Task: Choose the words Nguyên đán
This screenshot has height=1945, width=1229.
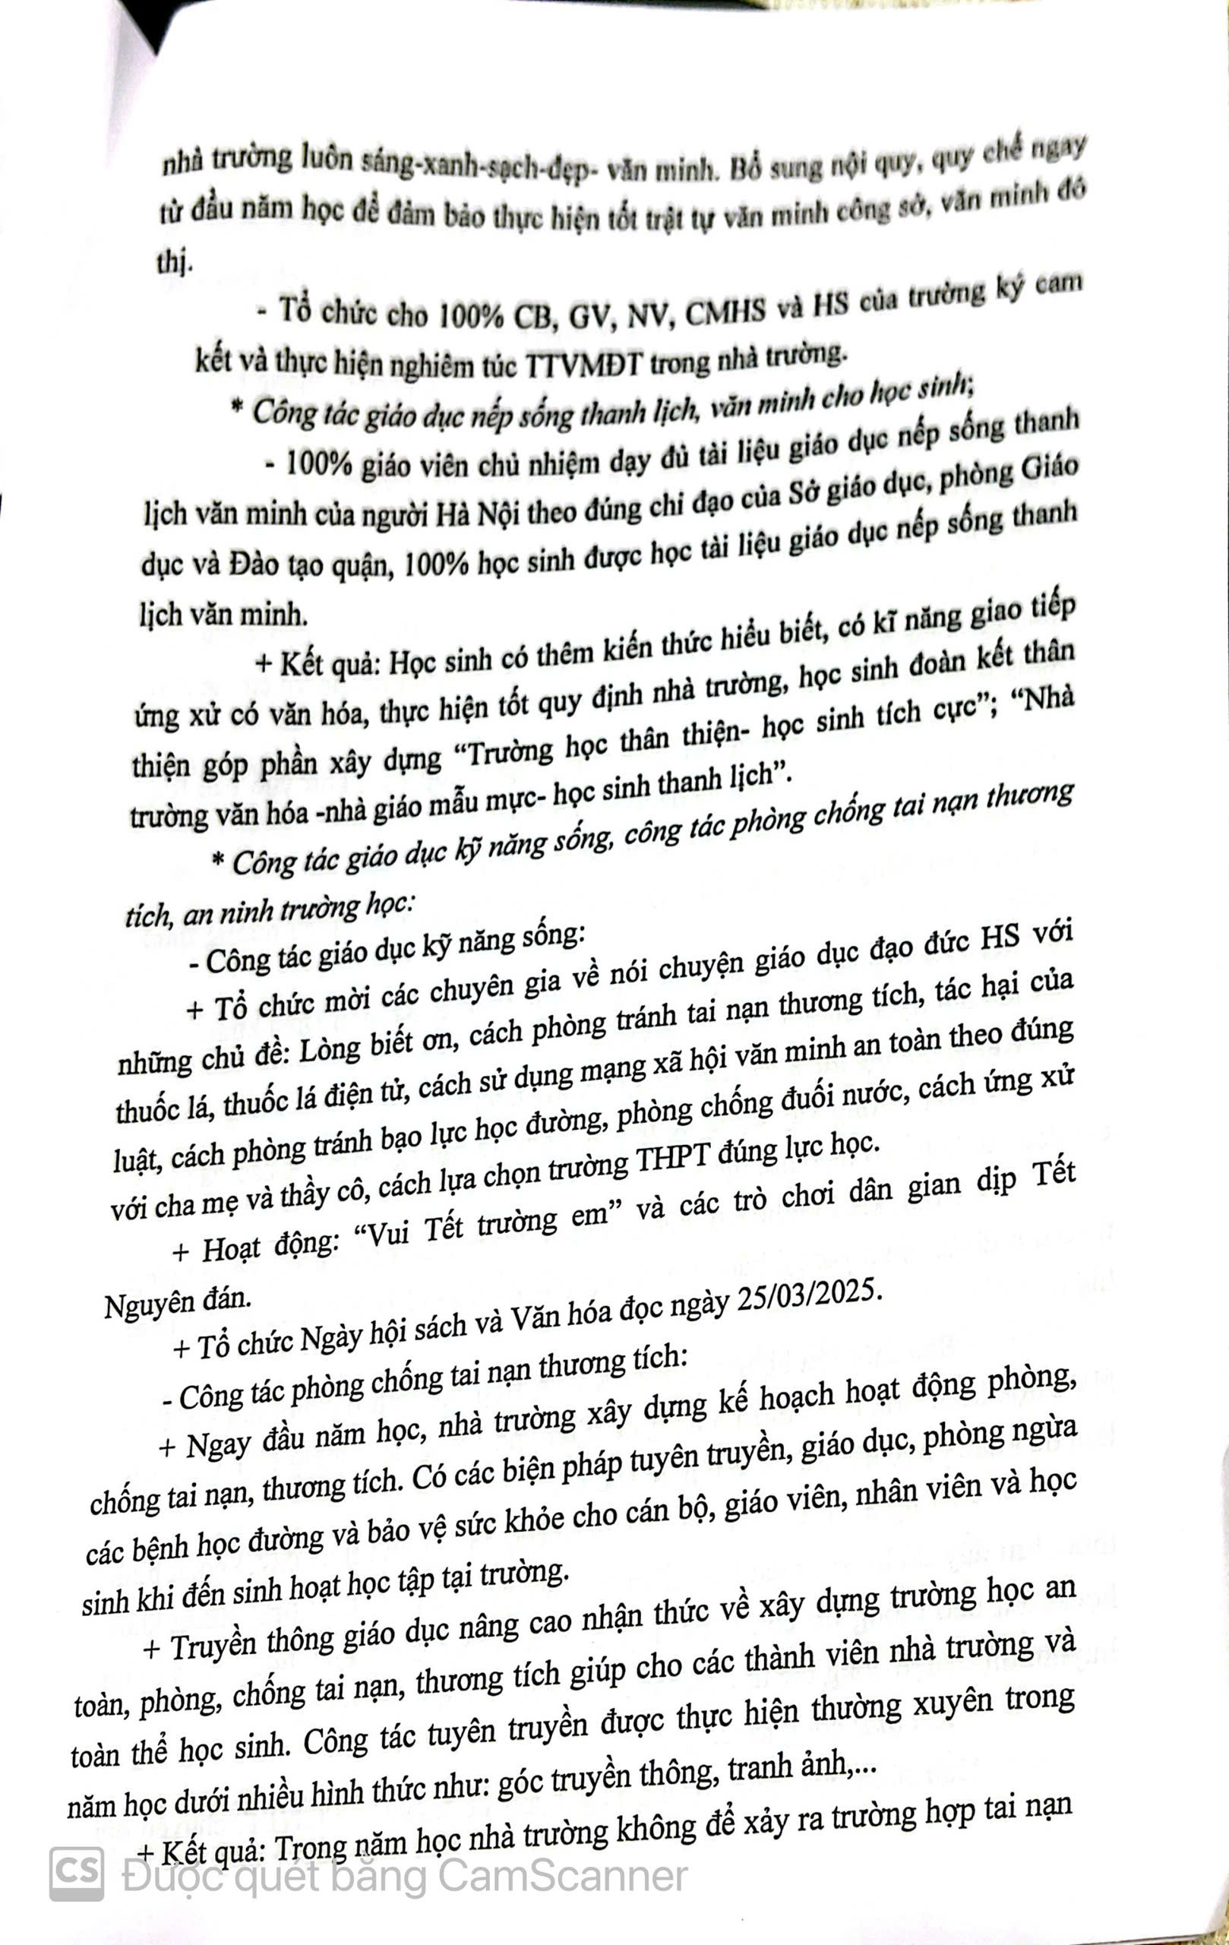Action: coord(178,1303)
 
